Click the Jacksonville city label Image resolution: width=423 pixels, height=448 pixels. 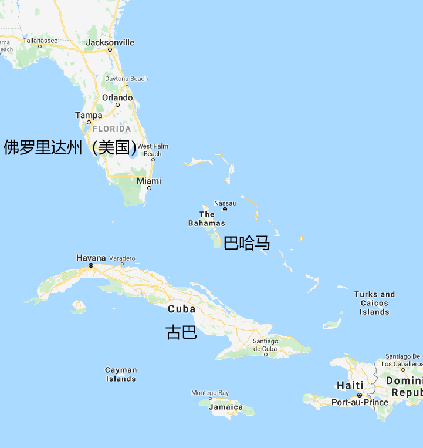110,42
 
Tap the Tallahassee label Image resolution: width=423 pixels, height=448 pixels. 40,40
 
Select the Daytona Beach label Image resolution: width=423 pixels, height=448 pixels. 126,79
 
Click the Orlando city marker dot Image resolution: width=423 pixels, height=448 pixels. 117,105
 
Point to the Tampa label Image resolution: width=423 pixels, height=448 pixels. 89,115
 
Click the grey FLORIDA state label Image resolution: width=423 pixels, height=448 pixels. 111,129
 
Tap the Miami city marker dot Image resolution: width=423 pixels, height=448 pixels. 149,188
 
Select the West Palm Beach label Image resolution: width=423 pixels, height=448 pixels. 153,150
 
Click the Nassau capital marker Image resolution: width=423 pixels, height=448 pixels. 225,210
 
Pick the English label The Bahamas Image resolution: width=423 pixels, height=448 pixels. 207,218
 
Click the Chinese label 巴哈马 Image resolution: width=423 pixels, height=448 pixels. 247,242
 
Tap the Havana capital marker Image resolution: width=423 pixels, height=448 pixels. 91,265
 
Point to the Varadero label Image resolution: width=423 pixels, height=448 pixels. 122,258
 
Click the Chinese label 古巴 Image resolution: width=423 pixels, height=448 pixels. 181,332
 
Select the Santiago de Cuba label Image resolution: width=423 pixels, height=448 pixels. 265,345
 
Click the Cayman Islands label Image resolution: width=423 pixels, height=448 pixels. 121,374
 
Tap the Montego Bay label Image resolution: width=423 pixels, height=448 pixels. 210,393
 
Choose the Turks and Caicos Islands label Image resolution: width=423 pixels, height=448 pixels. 374,303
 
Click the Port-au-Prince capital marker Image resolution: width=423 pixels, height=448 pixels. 360,395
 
